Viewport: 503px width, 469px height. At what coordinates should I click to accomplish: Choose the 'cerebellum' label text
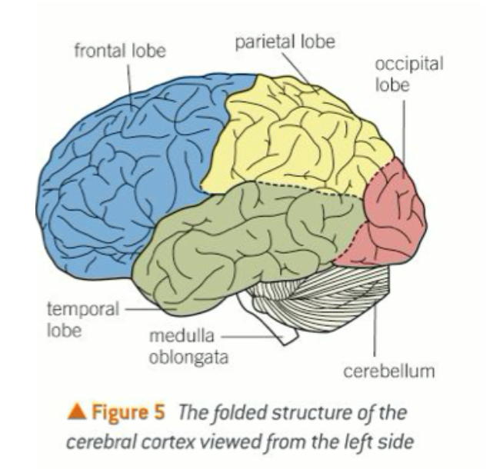[x=388, y=371]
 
